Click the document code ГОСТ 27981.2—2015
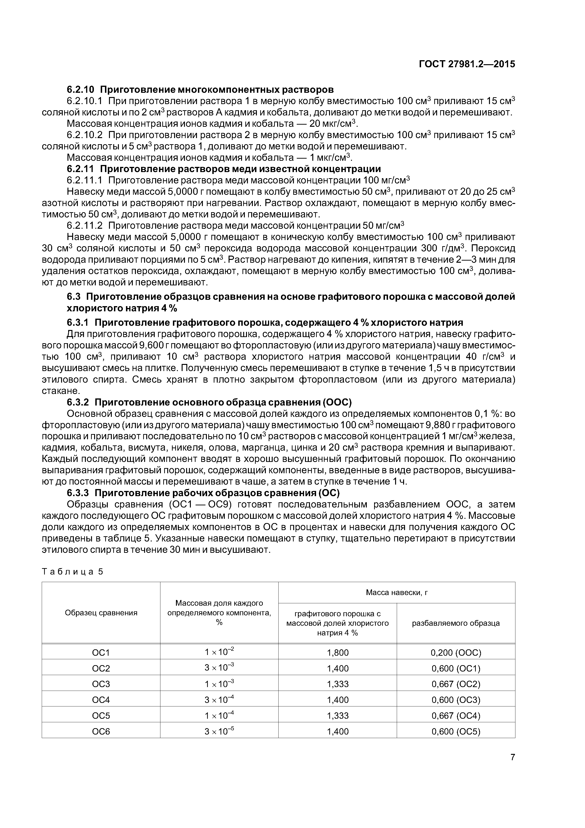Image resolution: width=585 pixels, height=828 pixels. coord(467,64)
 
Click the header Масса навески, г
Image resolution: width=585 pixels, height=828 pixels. coord(397,592)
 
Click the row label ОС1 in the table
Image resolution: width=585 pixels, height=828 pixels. coord(101,653)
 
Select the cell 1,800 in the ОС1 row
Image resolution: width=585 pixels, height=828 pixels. coord(338,653)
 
